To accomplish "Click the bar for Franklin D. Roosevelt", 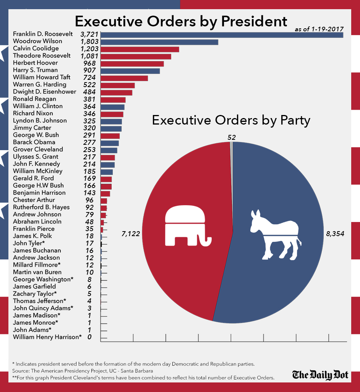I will point(222,35).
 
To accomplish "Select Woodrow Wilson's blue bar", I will point(159,42).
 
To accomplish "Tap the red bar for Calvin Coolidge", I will point(139,49).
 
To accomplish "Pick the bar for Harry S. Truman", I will point(130,71).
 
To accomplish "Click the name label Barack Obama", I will point(34,142).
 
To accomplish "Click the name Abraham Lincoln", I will point(37,222).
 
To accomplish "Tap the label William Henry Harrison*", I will point(47,337).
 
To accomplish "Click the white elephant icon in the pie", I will point(187,226).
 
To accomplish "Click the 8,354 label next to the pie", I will point(335,233).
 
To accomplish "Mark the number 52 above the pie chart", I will point(231,136).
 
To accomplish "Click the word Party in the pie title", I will point(294,120).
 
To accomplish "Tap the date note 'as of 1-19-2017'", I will point(319,29).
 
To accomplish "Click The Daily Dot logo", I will point(320,375).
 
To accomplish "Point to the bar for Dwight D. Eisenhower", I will point(116,92).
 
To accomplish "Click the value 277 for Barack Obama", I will point(91,142).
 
